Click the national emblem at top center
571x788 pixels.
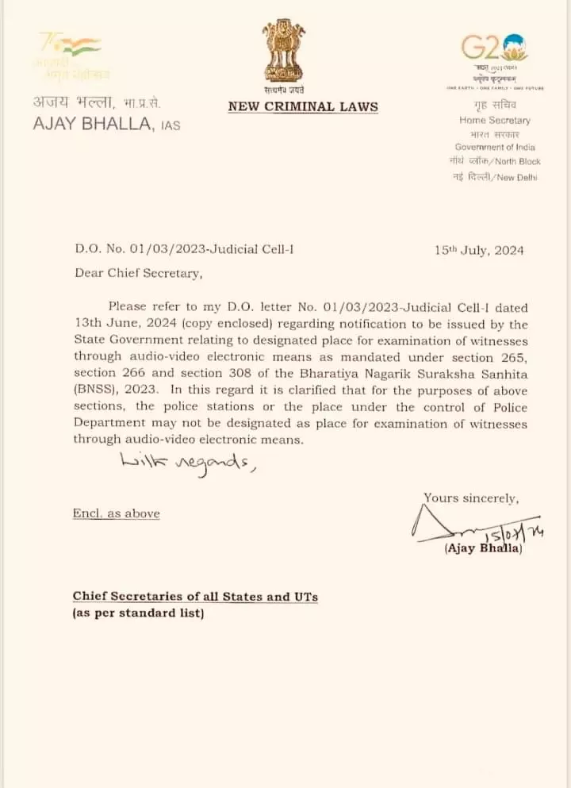pyautogui.click(x=284, y=54)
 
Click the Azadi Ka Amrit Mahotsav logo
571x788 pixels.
pyautogui.click(x=71, y=56)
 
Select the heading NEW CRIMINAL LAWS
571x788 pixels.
pyautogui.click(x=303, y=106)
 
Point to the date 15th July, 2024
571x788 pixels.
pyautogui.click(x=479, y=251)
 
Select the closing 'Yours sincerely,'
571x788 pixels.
pyautogui.click(x=471, y=498)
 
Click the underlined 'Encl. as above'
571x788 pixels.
pyautogui.click(x=116, y=513)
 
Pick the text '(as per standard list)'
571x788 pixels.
pyautogui.click(x=138, y=613)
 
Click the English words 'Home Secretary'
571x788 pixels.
pyautogui.click(x=495, y=120)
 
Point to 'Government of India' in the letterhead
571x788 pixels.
pyautogui.click(x=495, y=147)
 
